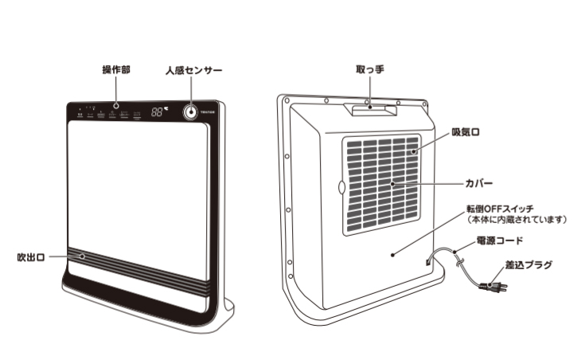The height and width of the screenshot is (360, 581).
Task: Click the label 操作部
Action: pyautogui.click(x=116, y=70)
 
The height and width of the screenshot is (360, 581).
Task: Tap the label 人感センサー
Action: pyautogui.click(x=193, y=70)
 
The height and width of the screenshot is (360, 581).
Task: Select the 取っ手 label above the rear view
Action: pyautogui.click(x=370, y=69)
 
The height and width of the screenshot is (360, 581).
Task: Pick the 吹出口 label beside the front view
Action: pyautogui.click(x=31, y=257)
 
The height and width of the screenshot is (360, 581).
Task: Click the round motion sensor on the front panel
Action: pyautogui.click(x=191, y=112)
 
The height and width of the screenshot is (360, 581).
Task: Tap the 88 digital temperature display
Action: pyautogui.click(x=157, y=112)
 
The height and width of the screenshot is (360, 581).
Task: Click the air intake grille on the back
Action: pyautogui.click(x=380, y=181)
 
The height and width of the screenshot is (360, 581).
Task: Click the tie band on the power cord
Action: pyautogui.click(x=454, y=252)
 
